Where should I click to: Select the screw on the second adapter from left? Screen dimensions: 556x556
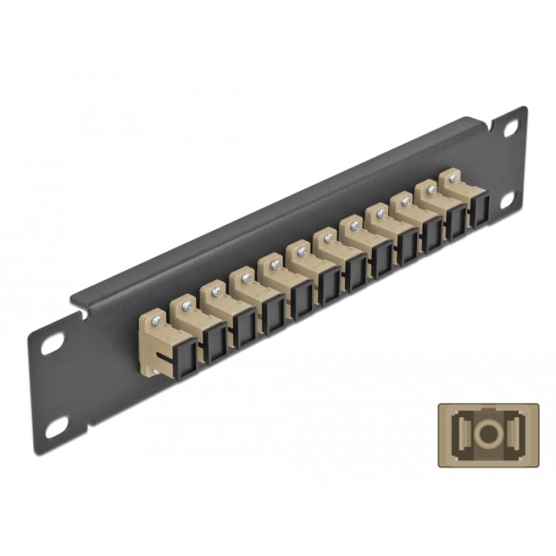click(188, 304)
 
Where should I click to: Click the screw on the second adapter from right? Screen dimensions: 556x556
click(431, 189)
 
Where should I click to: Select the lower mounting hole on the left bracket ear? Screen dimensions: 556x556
click(56, 429)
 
